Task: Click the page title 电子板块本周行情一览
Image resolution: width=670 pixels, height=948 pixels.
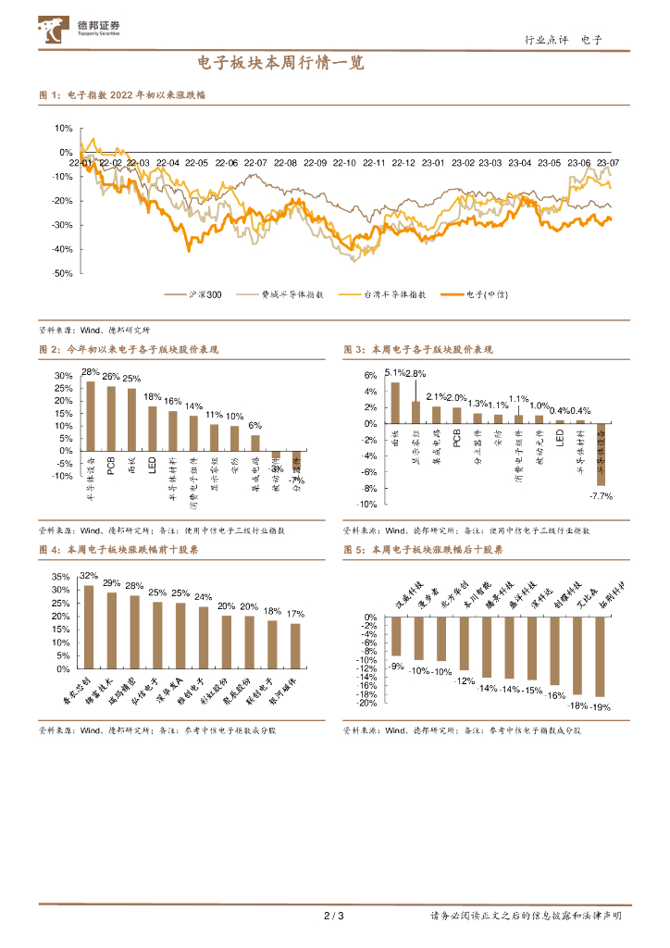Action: [x=280, y=63]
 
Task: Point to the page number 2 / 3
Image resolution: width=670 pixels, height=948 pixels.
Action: [x=334, y=917]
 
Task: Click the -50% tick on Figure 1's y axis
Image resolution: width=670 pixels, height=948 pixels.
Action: [x=64, y=273]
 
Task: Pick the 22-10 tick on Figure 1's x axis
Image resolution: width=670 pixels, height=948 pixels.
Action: [x=344, y=163]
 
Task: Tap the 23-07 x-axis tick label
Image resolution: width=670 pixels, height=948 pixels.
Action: [x=608, y=163]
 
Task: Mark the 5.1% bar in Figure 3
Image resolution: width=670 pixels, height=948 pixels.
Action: [x=395, y=403]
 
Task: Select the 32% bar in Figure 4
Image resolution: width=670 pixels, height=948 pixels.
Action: [x=89, y=627]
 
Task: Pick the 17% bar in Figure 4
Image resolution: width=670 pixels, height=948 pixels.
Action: [x=295, y=645]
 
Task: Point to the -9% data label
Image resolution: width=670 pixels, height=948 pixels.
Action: [x=396, y=667]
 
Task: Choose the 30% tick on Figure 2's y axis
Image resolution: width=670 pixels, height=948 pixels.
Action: [x=64, y=376]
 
